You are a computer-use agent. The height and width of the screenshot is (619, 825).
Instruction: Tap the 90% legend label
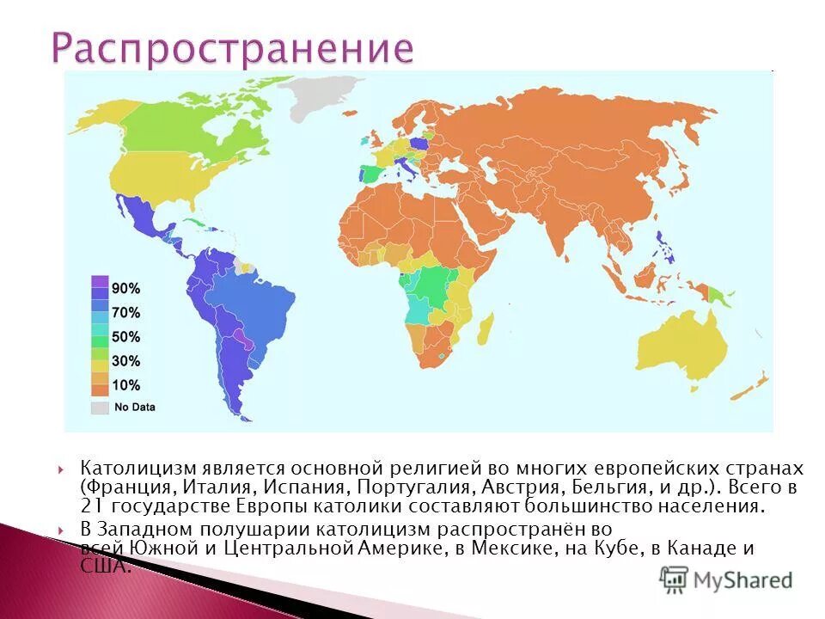pyautogui.click(x=125, y=288)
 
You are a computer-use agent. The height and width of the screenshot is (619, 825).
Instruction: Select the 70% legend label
pyautogui.click(x=125, y=313)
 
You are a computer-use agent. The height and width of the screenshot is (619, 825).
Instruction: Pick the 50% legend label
pyautogui.click(x=125, y=337)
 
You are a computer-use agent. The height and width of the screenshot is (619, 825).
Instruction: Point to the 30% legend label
pyautogui.click(x=125, y=361)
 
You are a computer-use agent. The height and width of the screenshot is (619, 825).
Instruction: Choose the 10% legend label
pyautogui.click(x=125, y=385)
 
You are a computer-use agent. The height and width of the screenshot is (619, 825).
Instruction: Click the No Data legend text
pyautogui.click(x=135, y=407)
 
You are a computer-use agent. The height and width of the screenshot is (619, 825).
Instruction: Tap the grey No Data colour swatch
pyautogui.click(x=101, y=407)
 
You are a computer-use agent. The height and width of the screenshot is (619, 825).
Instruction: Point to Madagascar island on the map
pyautogui.click(x=486, y=329)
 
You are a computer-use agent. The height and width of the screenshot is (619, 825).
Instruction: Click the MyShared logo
pyautogui.click(x=726, y=579)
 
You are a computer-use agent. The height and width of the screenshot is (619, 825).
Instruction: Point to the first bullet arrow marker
pyautogui.click(x=63, y=469)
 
